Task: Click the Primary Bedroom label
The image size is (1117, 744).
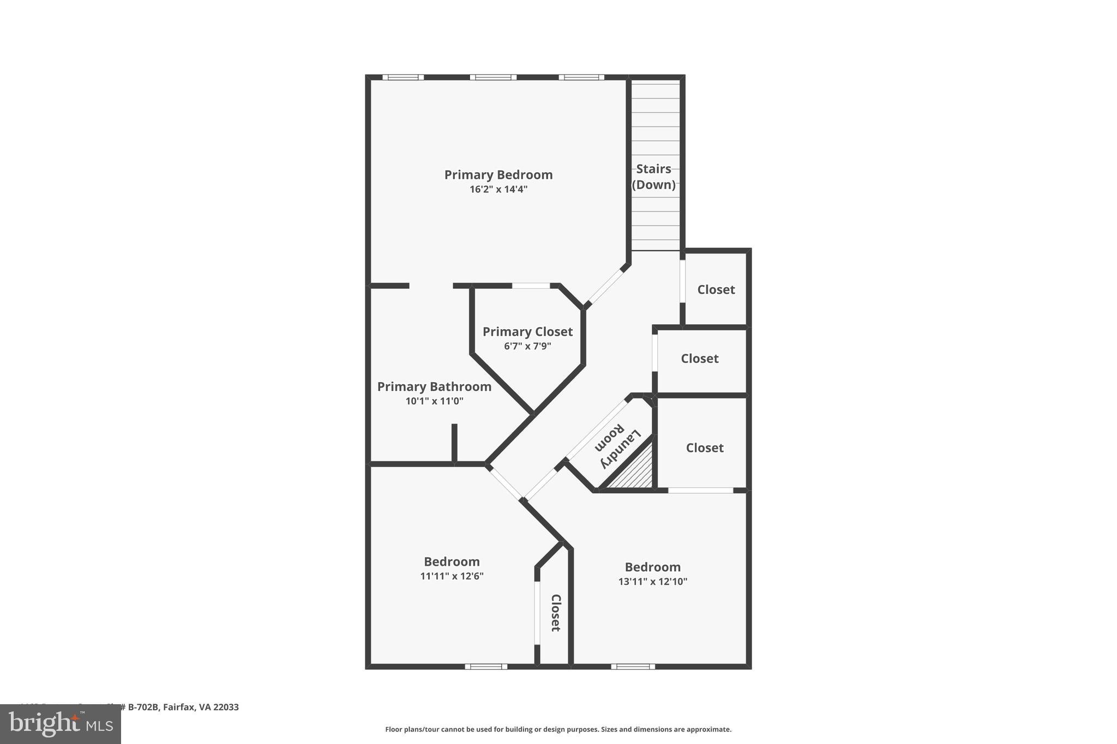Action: (x=498, y=175)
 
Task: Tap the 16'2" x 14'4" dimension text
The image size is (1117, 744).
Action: (x=498, y=190)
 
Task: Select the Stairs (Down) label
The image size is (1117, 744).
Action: (x=653, y=177)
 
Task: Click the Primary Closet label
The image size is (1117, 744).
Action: (x=527, y=332)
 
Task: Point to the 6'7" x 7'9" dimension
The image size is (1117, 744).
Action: (x=527, y=346)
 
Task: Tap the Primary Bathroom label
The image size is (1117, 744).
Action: (x=434, y=387)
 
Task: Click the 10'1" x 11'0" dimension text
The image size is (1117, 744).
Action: (x=434, y=401)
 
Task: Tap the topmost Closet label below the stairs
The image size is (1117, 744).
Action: (x=716, y=290)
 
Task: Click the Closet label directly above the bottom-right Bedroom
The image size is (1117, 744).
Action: (x=704, y=448)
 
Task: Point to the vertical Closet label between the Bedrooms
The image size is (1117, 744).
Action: (x=555, y=613)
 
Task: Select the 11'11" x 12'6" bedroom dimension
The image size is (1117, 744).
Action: (x=452, y=576)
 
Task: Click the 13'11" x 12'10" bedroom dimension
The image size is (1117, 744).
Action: (x=652, y=582)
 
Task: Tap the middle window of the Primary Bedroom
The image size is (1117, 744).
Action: (x=493, y=77)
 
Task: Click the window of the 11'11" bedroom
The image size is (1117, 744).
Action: (x=485, y=666)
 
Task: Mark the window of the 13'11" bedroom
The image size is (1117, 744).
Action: (x=633, y=666)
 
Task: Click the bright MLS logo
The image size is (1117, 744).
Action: (x=60, y=724)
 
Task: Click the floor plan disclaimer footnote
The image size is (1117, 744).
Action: (x=558, y=729)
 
